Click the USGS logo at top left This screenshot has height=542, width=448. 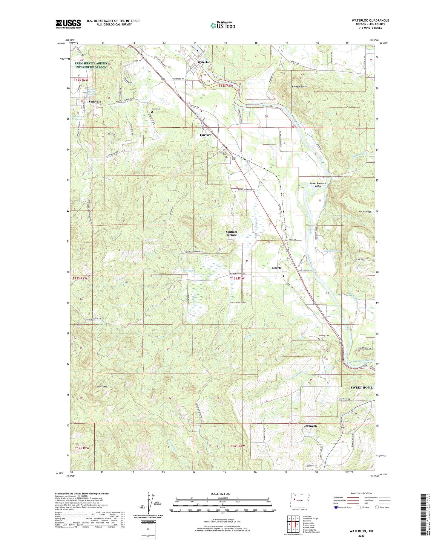(68, 24)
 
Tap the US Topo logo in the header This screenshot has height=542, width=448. (223, 25)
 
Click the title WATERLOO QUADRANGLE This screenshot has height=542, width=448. (370, 20)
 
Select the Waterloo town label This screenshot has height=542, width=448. (204, 62)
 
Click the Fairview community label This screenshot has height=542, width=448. (205, 135)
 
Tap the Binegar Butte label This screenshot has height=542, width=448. (299, 86)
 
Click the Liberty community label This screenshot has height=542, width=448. (276, 268)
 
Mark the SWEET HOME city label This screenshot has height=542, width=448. (361, 387)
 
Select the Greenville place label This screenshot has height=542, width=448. (310, 426)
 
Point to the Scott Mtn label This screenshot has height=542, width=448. (102, 387)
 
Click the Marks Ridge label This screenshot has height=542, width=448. (365, 211)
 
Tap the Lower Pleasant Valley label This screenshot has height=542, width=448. (318, 184)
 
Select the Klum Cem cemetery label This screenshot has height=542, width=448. (156, 109)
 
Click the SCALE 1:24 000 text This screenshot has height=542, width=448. (222, 494)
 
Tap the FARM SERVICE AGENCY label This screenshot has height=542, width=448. (91, 63)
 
